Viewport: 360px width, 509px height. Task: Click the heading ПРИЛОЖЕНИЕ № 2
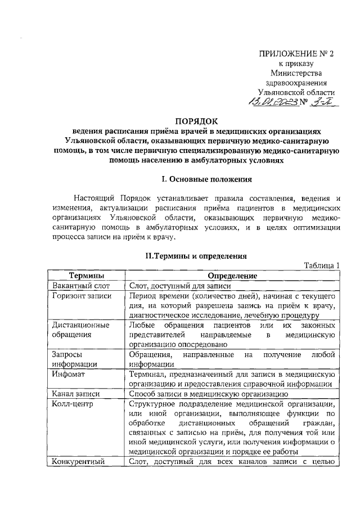(x=296, y=55)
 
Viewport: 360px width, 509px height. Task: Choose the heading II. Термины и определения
(x=196, y=255)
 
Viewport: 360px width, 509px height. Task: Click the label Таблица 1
(x=322, y=265)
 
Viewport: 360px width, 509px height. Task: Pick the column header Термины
(x=86, y=276)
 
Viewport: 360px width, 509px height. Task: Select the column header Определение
(x=232, y=276)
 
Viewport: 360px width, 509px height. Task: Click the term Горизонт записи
(x=81, y=296)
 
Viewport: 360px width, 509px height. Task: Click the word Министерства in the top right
(x=296, y=74)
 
